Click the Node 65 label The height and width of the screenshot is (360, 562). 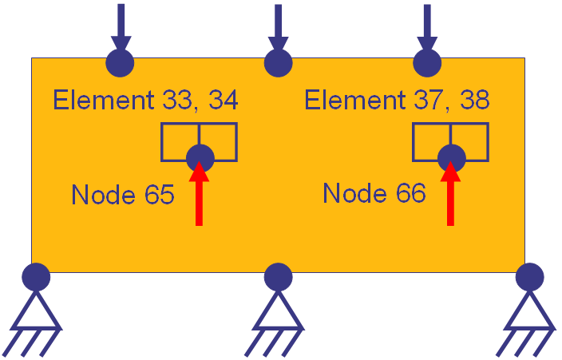tap(122, 194)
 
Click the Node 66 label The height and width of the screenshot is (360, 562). tap(374, 192)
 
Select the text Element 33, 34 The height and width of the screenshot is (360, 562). tap(144, 101)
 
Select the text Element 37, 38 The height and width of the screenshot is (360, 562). tap(397, 101)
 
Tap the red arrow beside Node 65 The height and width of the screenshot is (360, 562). tap(199, 196)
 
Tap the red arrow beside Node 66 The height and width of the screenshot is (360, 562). tap(451, 196)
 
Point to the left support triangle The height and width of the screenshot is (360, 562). tap(36, 311)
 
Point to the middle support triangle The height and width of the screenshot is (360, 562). tap(278, 311)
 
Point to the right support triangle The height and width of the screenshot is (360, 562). tap(529, 311)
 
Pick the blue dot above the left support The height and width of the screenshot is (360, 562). tap(36, 277)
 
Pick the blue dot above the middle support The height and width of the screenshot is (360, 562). tap(278, 277)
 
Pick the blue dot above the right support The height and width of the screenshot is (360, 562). tap(529, 277)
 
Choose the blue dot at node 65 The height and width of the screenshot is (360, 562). tap(200, 156)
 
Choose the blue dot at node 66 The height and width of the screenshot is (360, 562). tap(451, 156)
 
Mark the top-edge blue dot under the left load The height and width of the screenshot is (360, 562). tap(121, 62)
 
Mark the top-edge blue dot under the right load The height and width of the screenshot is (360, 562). tap(427, 62)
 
